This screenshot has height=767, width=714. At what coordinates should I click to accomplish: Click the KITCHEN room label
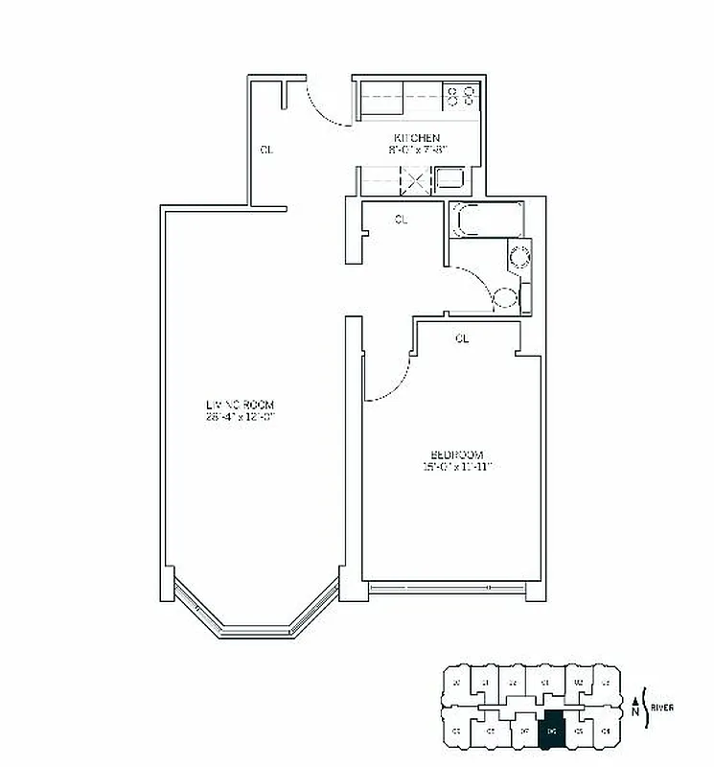coord(416,138)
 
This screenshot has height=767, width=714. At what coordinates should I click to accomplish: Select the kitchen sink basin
coord(449,177)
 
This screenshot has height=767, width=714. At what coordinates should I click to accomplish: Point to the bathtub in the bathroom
coord(486,221)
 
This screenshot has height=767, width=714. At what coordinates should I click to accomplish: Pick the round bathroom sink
coord(518,257)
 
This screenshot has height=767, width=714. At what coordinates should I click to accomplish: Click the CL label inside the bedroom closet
coord(462,338)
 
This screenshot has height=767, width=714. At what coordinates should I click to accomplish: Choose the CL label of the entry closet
coord(267,150)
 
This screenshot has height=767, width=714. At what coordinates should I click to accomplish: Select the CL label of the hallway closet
coord(401,220)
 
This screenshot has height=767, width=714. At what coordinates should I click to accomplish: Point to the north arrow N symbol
coord(635,709)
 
